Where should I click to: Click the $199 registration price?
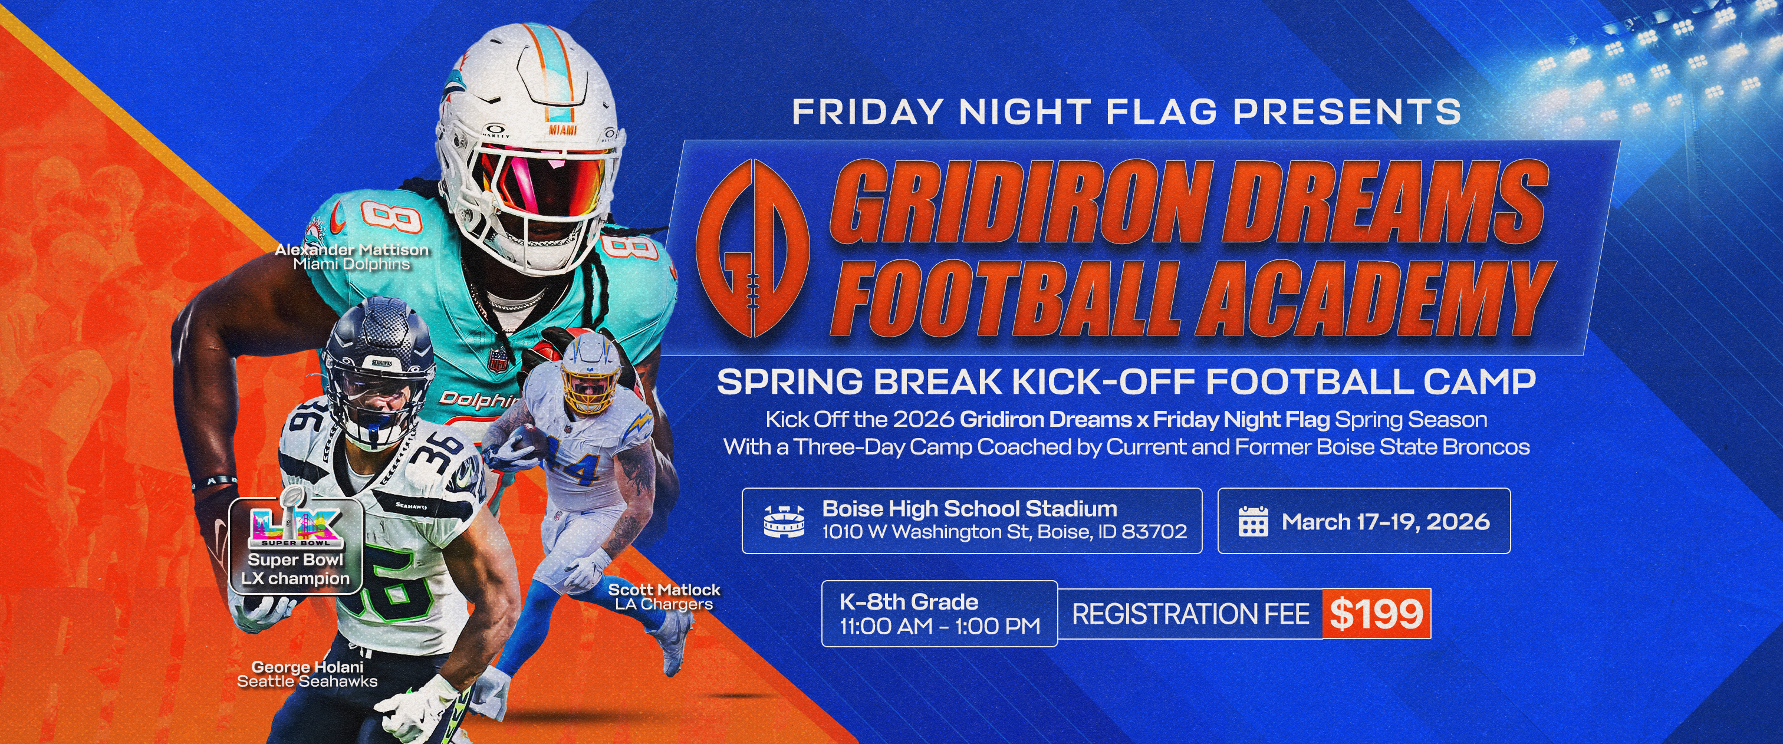[x=1376, y=613]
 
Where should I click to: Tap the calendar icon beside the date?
[x=1253, y=521]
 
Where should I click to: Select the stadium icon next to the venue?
[x=784, y=521]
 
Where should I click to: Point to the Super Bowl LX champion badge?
[x=296, y=546]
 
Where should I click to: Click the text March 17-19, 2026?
[x=1386, y=521]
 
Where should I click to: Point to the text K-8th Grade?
[x=909, y=601]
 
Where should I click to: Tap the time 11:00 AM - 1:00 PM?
[x=940, y=626]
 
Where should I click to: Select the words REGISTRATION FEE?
[x=1190, y=614]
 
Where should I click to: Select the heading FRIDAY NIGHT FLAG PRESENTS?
[x=1127, y=112]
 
